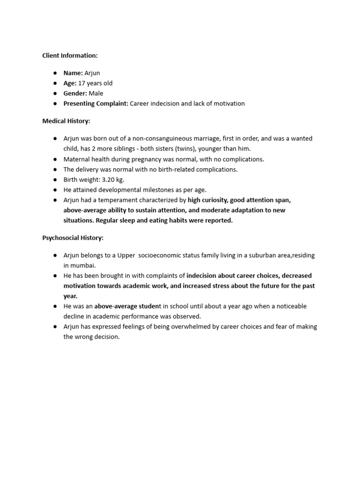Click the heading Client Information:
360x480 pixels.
(70, 55)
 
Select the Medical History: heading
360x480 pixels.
(66, 121)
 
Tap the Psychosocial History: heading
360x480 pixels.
(73, 238)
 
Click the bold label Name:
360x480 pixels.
(73, 73)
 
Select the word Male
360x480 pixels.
(96, 93)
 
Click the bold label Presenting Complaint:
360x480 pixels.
(96, 104)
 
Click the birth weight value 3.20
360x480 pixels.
(109, 180)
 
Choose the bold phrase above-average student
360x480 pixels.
(127, 306)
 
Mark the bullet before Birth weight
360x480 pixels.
(55, 180)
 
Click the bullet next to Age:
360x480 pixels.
(55, 83)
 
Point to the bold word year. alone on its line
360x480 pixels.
(71, 296)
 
